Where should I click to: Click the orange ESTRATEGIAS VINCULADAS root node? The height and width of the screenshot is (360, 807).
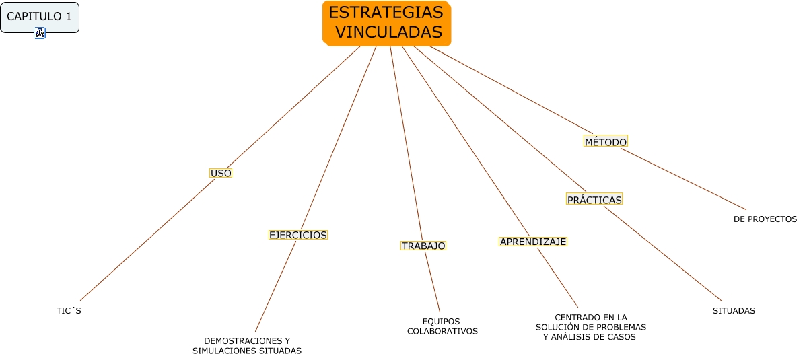386,22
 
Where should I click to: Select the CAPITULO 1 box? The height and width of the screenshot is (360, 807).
39,17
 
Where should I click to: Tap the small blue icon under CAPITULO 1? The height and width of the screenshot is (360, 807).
39,33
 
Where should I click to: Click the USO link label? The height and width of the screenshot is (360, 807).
221,173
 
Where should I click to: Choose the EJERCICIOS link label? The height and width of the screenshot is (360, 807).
297,235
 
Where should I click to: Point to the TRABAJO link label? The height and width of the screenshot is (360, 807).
423,246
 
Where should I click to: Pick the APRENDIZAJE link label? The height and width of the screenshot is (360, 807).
533,241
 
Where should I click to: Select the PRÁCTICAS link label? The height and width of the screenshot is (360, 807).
594,199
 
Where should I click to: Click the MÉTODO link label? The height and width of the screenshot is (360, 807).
606,141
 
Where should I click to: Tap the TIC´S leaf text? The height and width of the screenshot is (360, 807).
69,311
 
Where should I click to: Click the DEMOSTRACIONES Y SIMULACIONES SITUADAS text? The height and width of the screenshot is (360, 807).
247,345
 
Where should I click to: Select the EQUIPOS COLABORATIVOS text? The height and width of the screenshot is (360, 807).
442,326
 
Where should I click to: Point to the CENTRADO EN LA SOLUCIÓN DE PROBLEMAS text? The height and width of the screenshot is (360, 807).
590,327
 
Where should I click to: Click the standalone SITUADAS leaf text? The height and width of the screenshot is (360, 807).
734,311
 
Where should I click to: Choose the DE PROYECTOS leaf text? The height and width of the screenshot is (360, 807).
765,219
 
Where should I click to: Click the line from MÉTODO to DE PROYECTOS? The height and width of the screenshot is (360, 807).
683,178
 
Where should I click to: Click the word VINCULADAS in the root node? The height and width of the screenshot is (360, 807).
388,32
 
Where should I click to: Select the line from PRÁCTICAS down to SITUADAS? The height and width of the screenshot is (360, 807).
663,254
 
